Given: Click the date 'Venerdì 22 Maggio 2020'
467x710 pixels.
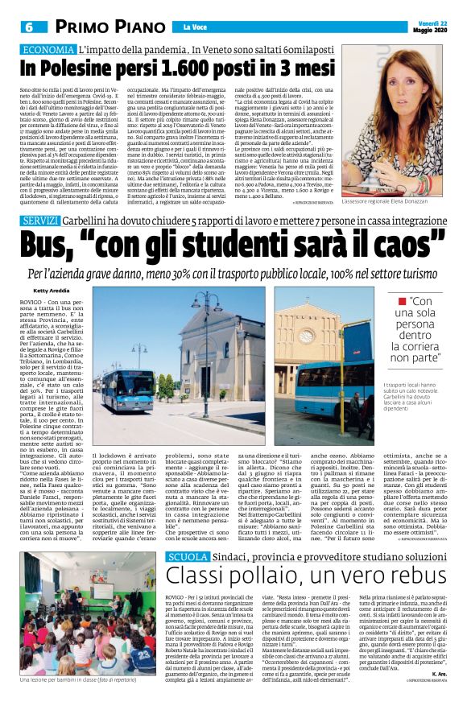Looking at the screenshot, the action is click(432, 27).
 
